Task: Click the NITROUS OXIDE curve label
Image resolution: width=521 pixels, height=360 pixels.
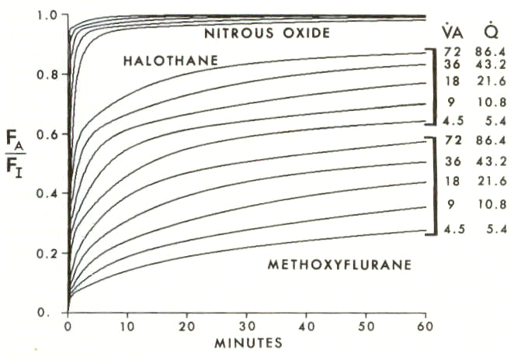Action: [x=267, y=33]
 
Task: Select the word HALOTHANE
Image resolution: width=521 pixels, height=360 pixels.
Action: [x=171, y=61]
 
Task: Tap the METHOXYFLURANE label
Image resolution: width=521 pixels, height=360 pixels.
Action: [x=339, y=265]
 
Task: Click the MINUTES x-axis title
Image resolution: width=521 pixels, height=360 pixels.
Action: [x=248, y=343]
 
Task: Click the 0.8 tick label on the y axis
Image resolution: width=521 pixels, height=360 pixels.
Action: [x=47, y=74]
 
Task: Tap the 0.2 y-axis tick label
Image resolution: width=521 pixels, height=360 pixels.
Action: [x=47, y=254]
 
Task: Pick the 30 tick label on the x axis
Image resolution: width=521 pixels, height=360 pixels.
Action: [x=247, y=327]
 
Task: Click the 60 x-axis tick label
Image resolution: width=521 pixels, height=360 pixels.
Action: [x=425, y=327]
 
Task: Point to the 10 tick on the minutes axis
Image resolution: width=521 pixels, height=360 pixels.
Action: [x=127, y=327]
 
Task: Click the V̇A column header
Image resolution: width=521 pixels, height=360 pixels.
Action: [x=452, y=31]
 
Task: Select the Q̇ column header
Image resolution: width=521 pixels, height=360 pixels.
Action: [x=491, y=31]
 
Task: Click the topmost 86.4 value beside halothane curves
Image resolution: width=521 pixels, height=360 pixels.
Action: [x=491, y=52]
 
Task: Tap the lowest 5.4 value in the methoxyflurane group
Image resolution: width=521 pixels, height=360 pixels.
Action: [x=496, y=229]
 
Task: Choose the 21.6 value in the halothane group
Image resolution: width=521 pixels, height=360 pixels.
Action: [x=491, y=81]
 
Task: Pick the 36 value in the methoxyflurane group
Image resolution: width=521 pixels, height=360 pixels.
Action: [x=453, y=161]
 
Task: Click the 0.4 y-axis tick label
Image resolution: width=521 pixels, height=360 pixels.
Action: [x=47, y=194]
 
